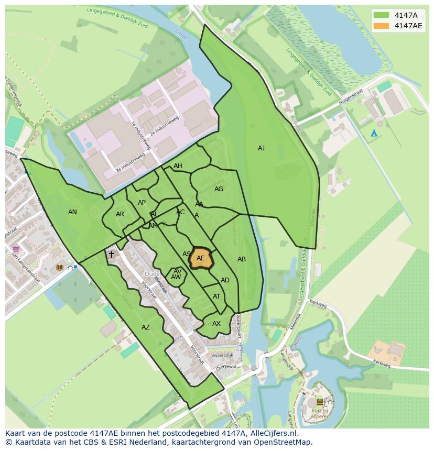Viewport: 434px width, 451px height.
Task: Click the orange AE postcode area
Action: (x=200, y=258)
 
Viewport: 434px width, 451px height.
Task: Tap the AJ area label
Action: (x=261, y=148)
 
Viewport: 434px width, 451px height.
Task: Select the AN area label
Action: (x=72, y=212)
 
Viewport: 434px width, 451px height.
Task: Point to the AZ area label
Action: (x=146, y=327)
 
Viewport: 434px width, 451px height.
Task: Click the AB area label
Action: (x=242, y=259)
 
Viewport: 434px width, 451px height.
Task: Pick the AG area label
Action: (x=219, y=189)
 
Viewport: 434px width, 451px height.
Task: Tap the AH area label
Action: (x=178, y=166)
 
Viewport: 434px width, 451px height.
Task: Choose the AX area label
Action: (x=216, y=324)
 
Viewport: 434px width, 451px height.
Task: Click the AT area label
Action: (x=216, y=296)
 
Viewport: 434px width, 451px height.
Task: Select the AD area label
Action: (x=225, y=280)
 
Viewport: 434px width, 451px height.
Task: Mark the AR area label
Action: (x=120, y=214)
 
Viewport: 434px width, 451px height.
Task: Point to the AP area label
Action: (x=142, y=203)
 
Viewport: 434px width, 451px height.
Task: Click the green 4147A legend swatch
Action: (x=382, y=15)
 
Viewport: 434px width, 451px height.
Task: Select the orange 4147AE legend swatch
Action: (x=382, y=26)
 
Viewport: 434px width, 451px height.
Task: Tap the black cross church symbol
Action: (x=111, y=255)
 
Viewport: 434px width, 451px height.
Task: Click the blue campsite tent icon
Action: (x=374, y=133)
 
